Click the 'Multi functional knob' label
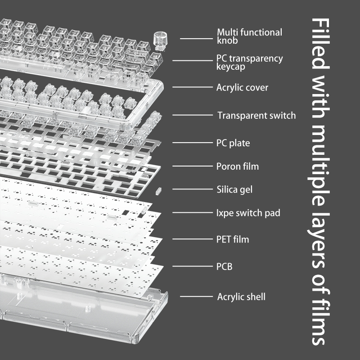tap(250, 36)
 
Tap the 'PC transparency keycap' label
tap(250, 63)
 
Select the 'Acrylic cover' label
tap(242, 87)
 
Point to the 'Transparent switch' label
tap(256, 115)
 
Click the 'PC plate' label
tap(233, 143)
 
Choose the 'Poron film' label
tap(238, 166)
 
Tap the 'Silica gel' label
tap(234, 189)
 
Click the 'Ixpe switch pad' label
tap(248, 213)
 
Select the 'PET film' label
tap(233, 239)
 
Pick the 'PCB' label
tap(224, 266)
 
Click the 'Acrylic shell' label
tap(241, 297)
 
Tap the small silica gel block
tap(158, 191)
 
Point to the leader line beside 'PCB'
tap(193, 266)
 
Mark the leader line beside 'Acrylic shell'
tap(196, 297)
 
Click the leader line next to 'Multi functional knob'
tap(196, 39)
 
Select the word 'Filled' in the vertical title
tap(320, 44)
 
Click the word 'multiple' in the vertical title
tap(319, 165)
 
